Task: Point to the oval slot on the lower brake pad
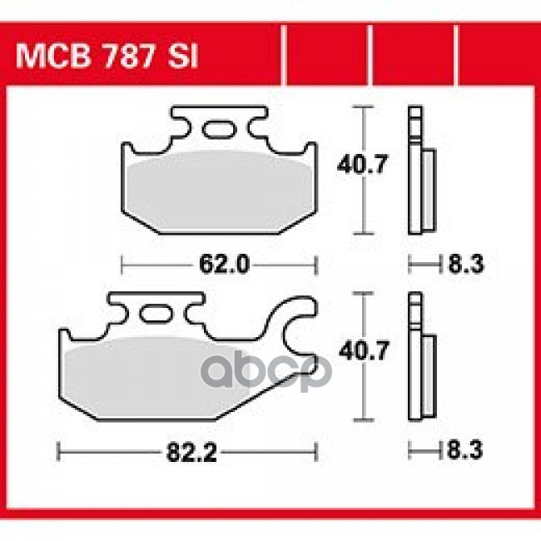154,315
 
